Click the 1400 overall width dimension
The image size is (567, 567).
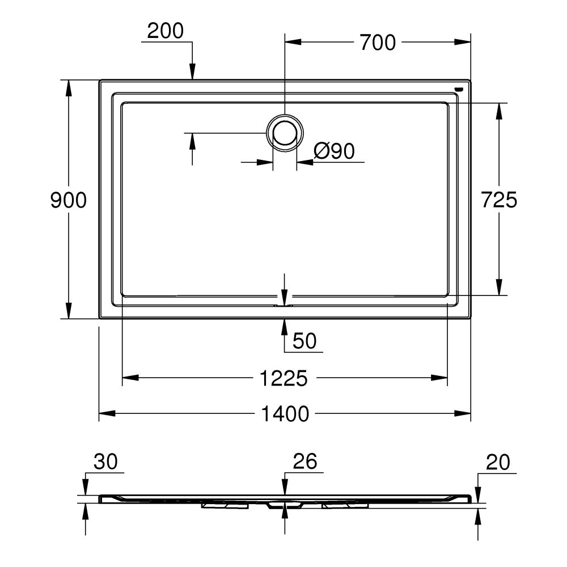(285, 414)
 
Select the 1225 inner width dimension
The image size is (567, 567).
(285, 378)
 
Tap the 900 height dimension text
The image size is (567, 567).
(68, 200)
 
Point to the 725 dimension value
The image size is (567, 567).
(499, 200)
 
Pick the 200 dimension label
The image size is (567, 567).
(166, 31)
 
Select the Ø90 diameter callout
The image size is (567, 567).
(334, 151)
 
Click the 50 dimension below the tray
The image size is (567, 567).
(304, 341)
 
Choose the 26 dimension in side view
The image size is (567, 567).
(304, 462)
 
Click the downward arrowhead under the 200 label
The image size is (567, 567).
(193, 72)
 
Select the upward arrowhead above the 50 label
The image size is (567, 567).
(285, 327)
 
